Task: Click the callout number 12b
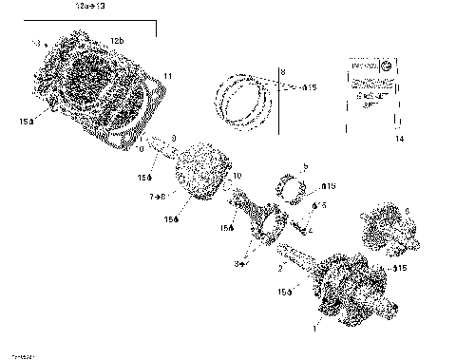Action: point(116,41)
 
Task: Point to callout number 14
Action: point(400,139)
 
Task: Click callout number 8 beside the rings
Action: point(281,72)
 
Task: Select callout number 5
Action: point(305,166)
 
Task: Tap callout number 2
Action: point(279,268)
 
